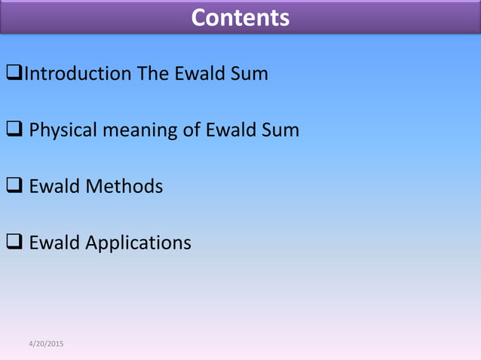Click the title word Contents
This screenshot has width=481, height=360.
240,17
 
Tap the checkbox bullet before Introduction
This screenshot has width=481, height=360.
14,74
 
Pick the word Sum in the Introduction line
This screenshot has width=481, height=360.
251,74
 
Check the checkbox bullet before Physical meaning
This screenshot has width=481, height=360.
14,130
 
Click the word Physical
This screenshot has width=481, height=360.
63,130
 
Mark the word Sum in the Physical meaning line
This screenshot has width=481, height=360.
280,130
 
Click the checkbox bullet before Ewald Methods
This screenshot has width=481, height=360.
14,186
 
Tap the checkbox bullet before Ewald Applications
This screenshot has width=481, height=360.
14,243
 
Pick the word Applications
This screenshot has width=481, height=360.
138,243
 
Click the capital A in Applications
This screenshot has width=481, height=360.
91,243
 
